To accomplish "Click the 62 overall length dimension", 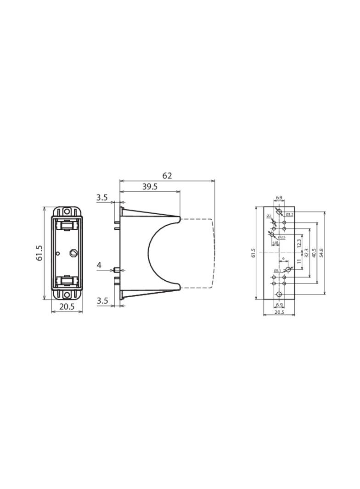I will coord(167,176).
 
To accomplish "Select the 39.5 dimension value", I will coord(150,187).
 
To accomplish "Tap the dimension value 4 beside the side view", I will coord(99,265).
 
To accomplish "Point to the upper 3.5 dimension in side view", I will coord(102,198).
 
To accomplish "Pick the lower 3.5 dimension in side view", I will coord(102,301).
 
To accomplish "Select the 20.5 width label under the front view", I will coord(67,307).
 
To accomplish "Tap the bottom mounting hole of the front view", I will coord(67,295).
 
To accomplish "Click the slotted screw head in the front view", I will coord(73,253).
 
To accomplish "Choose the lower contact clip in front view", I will coord(67,281).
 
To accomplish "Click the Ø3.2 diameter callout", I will coord(289,214).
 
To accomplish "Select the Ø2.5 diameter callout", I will coord(281,237).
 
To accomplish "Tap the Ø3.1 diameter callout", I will coord(277,271).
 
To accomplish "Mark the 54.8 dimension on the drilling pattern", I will coord(321,253).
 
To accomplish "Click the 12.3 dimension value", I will coord(299,243).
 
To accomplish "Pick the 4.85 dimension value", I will coord(276,243).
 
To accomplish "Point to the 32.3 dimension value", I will coord(306,253).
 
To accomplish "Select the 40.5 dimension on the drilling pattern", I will coord(314,253).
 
